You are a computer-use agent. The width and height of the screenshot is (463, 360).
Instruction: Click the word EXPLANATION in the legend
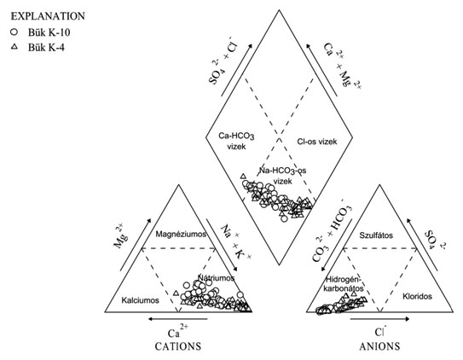[48, 16]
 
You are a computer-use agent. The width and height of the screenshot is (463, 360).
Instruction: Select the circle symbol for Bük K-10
[14, 32]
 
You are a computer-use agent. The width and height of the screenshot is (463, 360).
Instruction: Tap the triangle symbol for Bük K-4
[14, 46]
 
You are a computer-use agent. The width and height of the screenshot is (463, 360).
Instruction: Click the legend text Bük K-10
[49, 32]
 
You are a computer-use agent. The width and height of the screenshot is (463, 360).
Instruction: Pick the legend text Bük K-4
[46, 47]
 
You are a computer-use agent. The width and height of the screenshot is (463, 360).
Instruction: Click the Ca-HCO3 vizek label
[236, 141]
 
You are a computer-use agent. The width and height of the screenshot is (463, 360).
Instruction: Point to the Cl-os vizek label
[317, 142]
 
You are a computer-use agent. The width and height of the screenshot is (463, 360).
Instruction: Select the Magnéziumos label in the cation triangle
[181, 235]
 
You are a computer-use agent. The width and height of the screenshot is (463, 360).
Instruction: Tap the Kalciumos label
[140, 300]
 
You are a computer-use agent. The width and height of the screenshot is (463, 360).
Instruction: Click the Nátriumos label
[216, 277]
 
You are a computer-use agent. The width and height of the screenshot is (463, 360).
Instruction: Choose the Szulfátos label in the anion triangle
[376, 235]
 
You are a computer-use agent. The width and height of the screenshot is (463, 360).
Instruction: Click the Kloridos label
[417, 296]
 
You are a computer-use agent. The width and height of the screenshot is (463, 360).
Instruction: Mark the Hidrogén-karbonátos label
[344, 283]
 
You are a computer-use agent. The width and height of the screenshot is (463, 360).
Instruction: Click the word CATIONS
[178, 346]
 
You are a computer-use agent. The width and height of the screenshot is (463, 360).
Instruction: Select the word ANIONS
[379, 346]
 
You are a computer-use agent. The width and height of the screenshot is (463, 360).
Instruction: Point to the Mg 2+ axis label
[120, 237]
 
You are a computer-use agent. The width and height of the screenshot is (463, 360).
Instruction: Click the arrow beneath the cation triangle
[177, 319]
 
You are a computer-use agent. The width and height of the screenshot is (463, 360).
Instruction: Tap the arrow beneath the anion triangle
[379, 319]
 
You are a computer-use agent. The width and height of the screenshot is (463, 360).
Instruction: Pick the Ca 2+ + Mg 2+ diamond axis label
[343, 66]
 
